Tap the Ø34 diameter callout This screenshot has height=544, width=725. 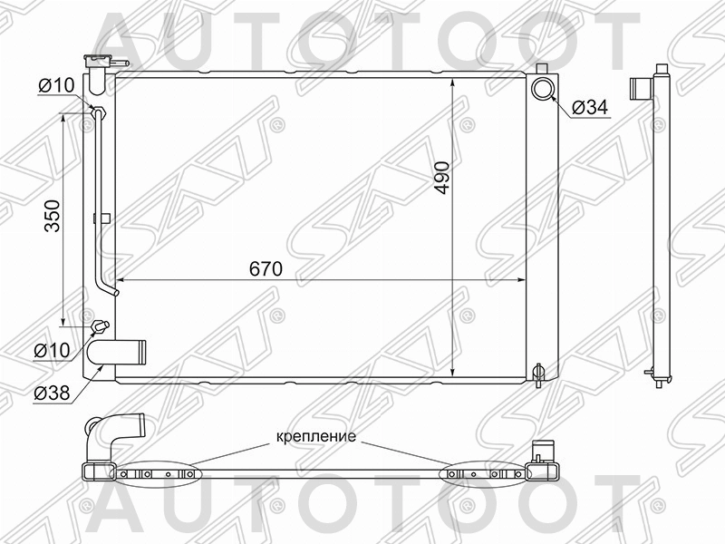(590, 109)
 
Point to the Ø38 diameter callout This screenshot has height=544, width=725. (53, 393)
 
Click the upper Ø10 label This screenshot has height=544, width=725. (54, 87)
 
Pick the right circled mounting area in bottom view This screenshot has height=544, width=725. (481, 474)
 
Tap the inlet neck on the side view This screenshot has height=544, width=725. (642, 89)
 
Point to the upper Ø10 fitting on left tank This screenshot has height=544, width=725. (99, 113)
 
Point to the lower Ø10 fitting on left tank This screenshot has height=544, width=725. (100, 326)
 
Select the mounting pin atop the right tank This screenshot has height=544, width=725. (542, 69)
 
